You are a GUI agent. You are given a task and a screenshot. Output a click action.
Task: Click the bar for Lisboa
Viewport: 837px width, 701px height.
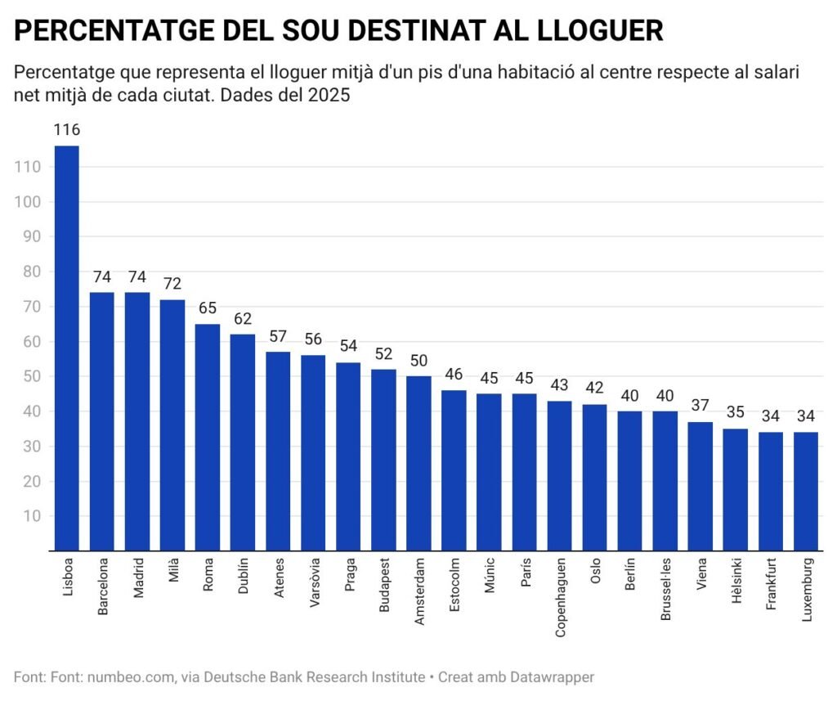click(x=66, y=348)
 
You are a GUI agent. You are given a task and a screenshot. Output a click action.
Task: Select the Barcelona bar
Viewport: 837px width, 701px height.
click(x=101, y=421)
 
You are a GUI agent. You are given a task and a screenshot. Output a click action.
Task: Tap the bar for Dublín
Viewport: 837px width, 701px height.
click(x=243, y=442)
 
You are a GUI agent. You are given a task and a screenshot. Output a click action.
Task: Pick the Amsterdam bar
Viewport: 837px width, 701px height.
click(x=418, y=463)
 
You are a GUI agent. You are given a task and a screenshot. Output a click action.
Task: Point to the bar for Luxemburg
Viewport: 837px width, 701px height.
click(x=806, y=491)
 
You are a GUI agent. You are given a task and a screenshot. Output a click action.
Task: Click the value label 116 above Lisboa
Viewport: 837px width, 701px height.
click(x=66, y=130)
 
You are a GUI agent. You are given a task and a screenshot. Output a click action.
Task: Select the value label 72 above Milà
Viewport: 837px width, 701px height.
click(x=172, y=284)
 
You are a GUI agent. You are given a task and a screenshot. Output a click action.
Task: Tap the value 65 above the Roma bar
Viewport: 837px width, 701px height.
click(x=207, y=308)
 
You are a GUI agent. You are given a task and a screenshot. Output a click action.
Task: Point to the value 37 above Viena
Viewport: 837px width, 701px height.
click(x=700, y=406)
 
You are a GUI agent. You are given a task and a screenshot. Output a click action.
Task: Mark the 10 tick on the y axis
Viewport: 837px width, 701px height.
click(x=33, y=516)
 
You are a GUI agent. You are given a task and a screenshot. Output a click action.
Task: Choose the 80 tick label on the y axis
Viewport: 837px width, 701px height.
click(x=33, y=272)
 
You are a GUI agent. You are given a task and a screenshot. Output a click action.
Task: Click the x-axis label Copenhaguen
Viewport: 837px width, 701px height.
click(x=560, y=598)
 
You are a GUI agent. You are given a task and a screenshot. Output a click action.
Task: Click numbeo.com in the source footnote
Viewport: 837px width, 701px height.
click(x=131, y=677)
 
